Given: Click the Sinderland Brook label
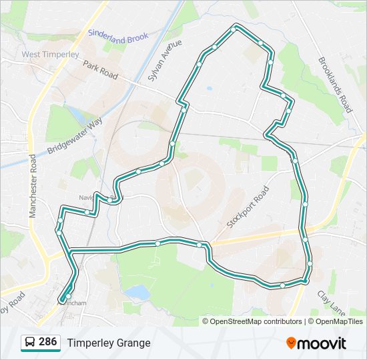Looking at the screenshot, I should pyautogui.click(x=117, y=35).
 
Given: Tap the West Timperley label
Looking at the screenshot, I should pyautogui.click(x=50, y=54).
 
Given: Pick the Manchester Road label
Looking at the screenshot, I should pyautogui.click(x=32, y=187).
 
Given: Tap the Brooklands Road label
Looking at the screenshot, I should pyautogui.click(x=334, y=85).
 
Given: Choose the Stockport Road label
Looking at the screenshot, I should pyautogui.click(x=248, y=207).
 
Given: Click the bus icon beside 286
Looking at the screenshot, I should pyautogui.click(x=29, y=343).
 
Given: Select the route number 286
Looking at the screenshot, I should pyautogui.click(x=47, y=343).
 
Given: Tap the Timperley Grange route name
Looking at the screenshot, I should pyautogui.click(x=108, y=343).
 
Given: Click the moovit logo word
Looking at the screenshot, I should pyautogui.click(x=322, y=343).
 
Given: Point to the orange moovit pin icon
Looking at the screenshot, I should pyautogui.click(x=291, y=343).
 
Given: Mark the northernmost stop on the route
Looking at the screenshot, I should pyautogui.click(x=235, y=29).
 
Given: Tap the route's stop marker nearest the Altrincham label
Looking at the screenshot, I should pyautogui.click(x=68, y=296).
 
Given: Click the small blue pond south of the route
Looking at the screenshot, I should pyautogui.click(x=138, y=292).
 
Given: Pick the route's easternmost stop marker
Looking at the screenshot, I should pyautogui.click(x=310, y=264).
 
